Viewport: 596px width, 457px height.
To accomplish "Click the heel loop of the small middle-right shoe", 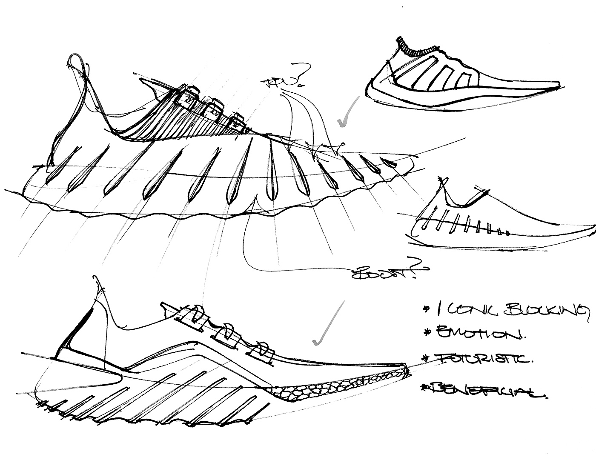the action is [443, 187].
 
